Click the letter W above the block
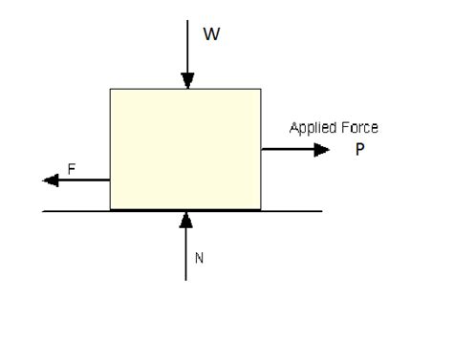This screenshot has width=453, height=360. (211, 34)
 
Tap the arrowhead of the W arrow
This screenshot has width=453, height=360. (186, 82)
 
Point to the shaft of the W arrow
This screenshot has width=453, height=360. (186, 48)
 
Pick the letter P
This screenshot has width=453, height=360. (359, 149)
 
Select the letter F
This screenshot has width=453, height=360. (71, 169)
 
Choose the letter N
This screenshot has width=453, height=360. (200, 257)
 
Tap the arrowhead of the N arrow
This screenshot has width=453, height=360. (186, 219)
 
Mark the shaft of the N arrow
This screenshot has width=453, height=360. (186, 253)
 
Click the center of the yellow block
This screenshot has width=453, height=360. (185, 149)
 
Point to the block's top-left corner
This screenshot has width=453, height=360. (110, 89)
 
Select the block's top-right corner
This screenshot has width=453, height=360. (261, 89)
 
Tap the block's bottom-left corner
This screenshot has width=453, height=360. (110, 209)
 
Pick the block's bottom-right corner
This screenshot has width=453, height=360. (261, 209)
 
